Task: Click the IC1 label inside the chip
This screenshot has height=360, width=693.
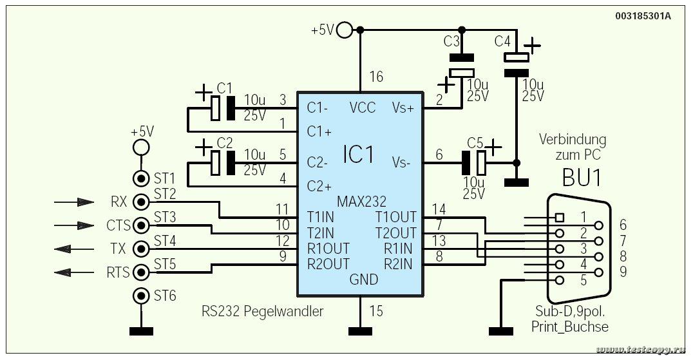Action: pyautogui.click(x=359, y=155)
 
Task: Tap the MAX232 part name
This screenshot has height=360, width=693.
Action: pyautogui.click(x=361, y=202)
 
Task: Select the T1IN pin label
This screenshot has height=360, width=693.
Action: pyautogui.click(x=321, y=217)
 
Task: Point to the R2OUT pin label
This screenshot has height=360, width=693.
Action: pyautogui.click(x=328, y=263)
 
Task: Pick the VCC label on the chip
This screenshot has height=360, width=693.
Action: pyautogui.click(x=363, y=108)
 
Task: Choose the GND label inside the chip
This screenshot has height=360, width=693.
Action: pyautogui.click(x=364, y=279)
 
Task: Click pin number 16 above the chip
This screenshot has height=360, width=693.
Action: pyautogui.click(x=376, y=77)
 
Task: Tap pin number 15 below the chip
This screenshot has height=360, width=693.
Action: pyautogui.click(x=375, y=311)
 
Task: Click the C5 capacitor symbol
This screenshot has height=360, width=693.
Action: pyautogui.click(x=474, y=162)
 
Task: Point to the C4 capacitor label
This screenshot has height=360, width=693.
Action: pyautogui.click(x=502, y=41)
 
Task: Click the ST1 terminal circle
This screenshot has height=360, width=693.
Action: pyautogui.click(x=142, y=179)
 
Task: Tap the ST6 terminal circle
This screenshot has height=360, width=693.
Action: pyautogui.click(x=142, y=295)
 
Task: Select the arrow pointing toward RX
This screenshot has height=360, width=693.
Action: pyautogui.click(x=74, y=202)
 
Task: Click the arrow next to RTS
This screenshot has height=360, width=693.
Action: pyautogui.click(x=74, y=272)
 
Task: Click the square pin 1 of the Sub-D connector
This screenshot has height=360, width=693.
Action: pyautogui.click(x=560, y=217)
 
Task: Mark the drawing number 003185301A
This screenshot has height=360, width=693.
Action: pyautogui.click(x=643, y=16)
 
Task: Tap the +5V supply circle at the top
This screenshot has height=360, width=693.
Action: pyautogui.click(x=345, y=30)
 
